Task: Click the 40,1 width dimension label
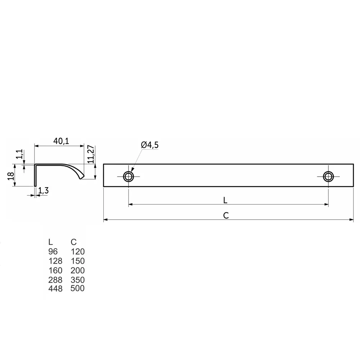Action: point(61,141)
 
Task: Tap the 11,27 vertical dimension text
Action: point(91,154)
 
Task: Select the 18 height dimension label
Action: point(11,176)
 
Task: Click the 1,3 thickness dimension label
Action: point(43,191)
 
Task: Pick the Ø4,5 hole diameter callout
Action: point(150,145)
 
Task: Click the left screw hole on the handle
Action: point(128,176)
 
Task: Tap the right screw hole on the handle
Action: point(328,176)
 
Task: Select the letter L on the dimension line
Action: point(225,199)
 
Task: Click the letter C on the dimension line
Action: point(226,215)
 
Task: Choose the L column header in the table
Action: point(50,242)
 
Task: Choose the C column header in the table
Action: point(74,242)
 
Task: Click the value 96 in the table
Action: point(53,251)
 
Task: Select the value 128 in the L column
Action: point(55,261)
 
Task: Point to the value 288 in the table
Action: point(55,280)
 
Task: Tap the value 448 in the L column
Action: point(55,288)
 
